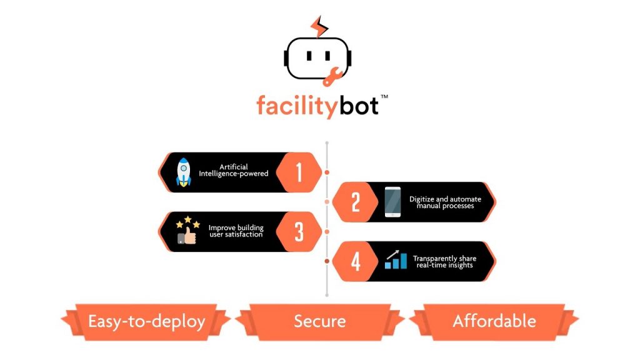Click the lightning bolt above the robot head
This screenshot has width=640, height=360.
[x=319, y=26]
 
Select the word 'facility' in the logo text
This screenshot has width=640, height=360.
[x=297, y=105]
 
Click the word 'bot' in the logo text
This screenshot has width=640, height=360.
[x=359, y=105]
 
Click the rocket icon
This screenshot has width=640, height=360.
[x=183, y=172]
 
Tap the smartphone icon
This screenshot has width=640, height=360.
[x=392, y=202]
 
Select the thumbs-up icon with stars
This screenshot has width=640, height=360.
[x=186, y=231]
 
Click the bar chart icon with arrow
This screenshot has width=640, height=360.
[x=395, y=260]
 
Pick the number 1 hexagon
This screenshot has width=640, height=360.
[x=299, y=172]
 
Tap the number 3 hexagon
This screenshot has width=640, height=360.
[x=299, y=232]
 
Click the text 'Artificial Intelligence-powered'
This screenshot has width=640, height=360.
[x=234, y=170]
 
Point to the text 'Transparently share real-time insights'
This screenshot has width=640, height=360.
[x=444, y=261]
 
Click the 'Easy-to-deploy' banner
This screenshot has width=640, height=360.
[x=146, y=321]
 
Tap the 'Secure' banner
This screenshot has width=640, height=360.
[x=319, y=321]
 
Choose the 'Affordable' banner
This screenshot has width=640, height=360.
[x=494, y=321]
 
